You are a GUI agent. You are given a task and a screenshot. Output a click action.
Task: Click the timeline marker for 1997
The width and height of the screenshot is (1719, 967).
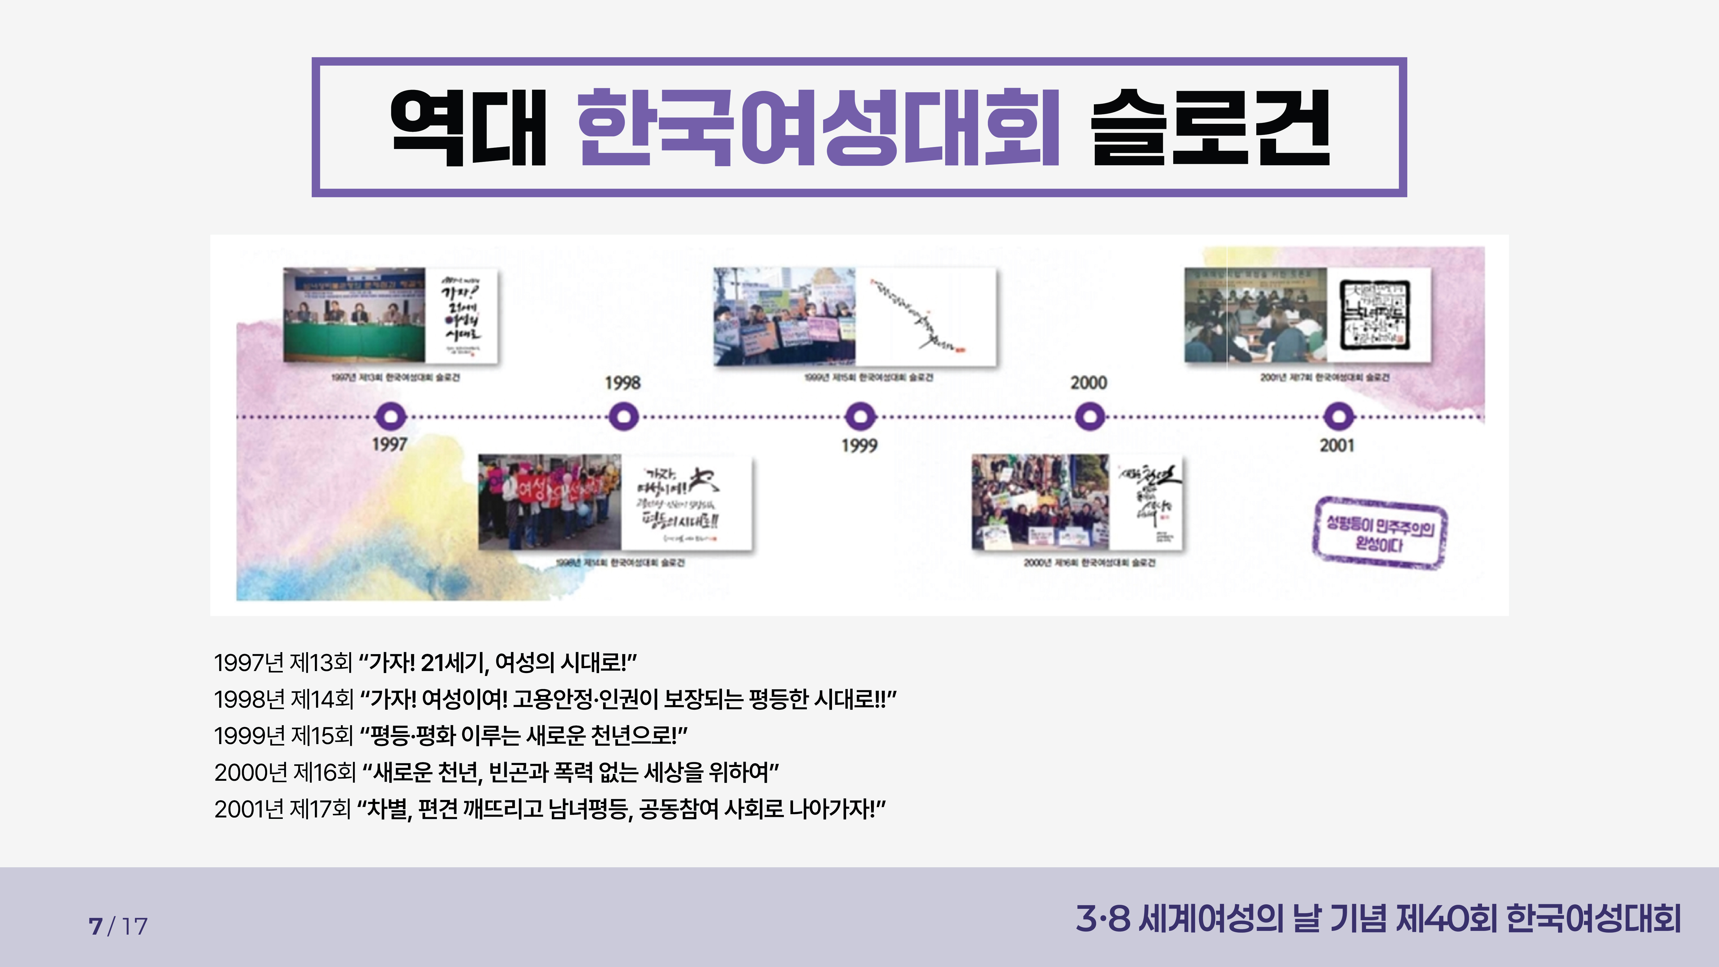pos(390,417)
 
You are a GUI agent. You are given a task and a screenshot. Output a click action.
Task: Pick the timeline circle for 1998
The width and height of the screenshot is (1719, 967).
pos(623,417)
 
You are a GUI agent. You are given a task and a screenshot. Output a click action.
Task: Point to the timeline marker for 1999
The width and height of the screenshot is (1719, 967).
pos(860,417)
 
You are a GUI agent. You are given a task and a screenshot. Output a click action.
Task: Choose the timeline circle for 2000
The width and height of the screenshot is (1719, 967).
pos(1089,417)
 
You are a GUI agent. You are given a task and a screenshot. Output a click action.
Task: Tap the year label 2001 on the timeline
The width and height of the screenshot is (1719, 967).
pos(1337,445)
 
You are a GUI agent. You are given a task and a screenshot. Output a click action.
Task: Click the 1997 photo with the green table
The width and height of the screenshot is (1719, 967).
pos(354,315)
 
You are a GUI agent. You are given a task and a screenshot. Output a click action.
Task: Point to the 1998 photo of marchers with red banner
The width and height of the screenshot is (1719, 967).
pos(549,502)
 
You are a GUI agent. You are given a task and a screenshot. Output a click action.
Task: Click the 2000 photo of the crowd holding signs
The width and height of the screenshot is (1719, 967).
pos(1040,502)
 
